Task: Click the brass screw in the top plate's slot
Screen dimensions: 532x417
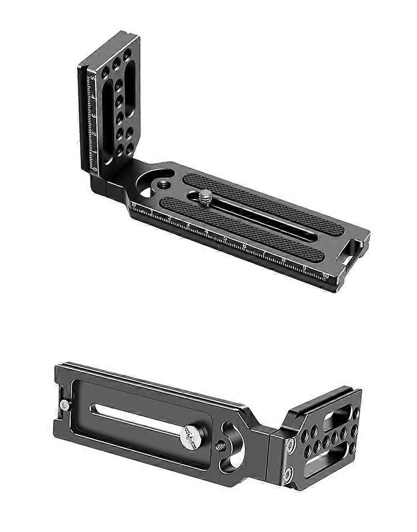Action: tap(205, 195)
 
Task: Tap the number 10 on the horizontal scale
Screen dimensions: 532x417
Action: tap(325, 276)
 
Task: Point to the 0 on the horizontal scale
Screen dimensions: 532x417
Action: tap(133, 205)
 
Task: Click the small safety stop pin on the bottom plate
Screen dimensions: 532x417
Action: tap(66, 404)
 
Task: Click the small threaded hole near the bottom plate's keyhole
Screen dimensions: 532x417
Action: tap(221, 446)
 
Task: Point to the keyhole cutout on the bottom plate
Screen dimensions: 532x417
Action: tap(234, 444)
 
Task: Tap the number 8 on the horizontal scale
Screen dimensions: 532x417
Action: tap(284, 260)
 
